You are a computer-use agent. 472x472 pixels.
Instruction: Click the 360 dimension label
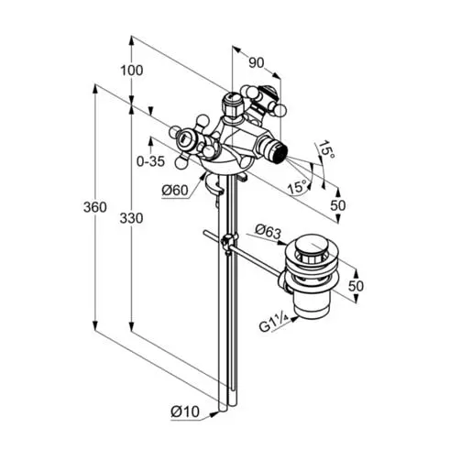(x=95, y=207)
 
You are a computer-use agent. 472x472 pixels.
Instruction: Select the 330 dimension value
(x=131, y=218)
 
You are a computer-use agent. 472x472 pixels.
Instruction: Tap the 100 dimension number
(x=132, y=71)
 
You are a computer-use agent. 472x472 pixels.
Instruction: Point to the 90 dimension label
(x=256, y=63)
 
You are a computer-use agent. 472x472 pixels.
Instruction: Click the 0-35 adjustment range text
(x=150, y=161)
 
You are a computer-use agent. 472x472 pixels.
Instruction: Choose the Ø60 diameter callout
(x=175, y=191)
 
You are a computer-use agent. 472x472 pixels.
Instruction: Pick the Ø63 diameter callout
(x=268, y=232)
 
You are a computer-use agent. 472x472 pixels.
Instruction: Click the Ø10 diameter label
(x=185, y=412)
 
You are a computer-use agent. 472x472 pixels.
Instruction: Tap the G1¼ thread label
(x=274, y=324)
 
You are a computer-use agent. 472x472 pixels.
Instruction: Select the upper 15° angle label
(x=326, y=149)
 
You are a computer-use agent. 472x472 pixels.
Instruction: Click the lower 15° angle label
(x=298, y=187)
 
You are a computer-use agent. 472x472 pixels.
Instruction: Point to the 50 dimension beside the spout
(x=338, y=205)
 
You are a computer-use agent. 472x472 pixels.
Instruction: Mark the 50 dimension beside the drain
(x=356, y=286)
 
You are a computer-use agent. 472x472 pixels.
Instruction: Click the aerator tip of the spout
(x=280, y=150)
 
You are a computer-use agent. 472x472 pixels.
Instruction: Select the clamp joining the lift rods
(x=228, y=243)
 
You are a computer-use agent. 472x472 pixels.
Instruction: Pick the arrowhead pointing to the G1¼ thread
(x=294, y=319)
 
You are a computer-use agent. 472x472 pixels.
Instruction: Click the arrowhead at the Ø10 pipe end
(x=214, y=414)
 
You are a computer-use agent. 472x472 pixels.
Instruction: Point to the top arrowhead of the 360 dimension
(x=95, y=89)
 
